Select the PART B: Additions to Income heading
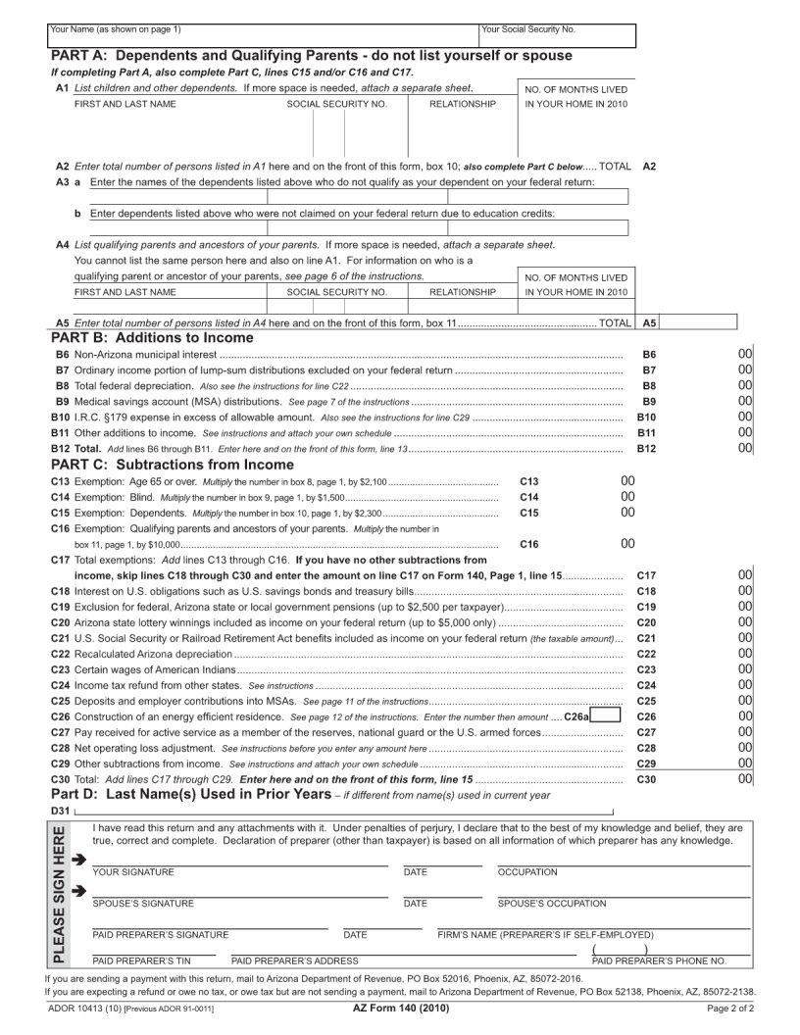152,337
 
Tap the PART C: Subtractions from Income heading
172,465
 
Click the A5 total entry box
700,321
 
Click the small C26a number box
606,716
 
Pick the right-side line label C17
646,575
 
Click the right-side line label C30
646,779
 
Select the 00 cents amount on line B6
745,354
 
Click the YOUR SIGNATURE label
133,871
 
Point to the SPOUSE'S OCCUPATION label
551,904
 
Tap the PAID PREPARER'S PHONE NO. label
659,961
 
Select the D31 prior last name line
343,813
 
